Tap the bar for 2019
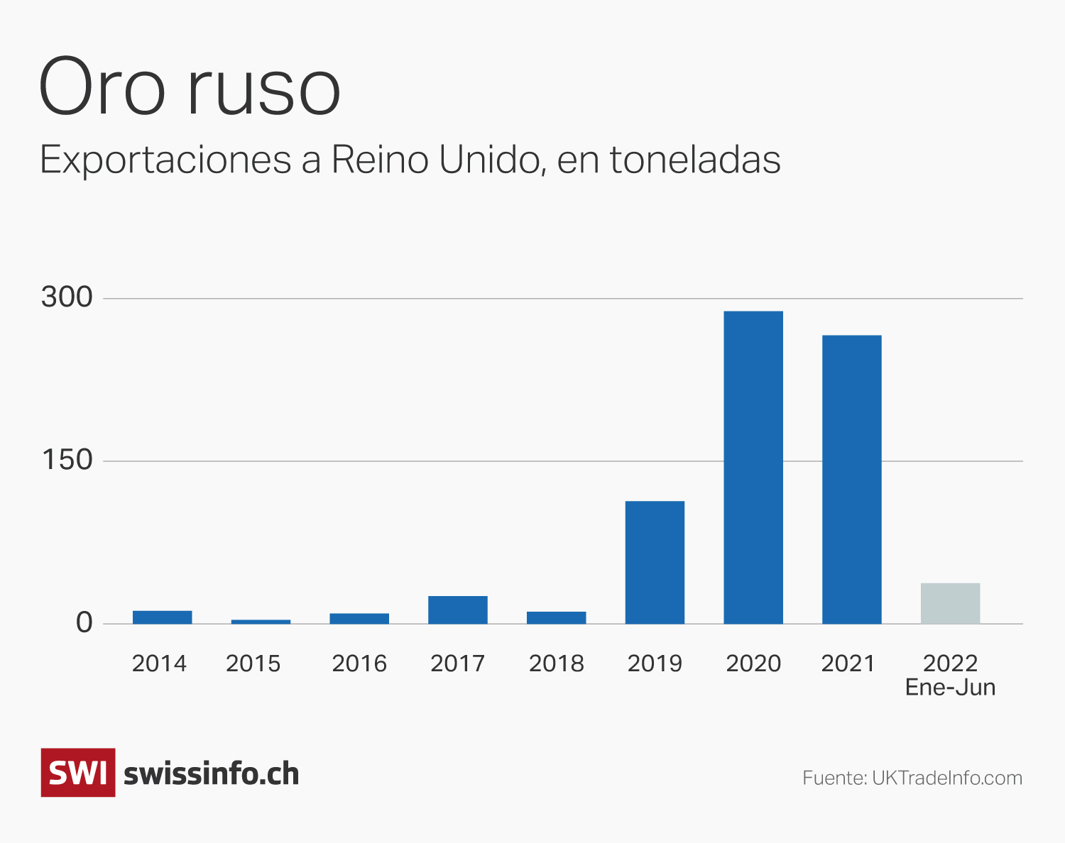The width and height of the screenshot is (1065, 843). pos(655,562)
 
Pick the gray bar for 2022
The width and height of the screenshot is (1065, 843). pos(950,603)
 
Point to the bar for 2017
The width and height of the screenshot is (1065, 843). pos(458,610)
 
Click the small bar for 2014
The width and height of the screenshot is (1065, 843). pos(162,617)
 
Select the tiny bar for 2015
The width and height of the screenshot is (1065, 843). pos(261,622)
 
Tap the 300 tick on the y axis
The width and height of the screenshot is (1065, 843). pos(67,297)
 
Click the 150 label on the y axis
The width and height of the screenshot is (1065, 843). pos(67,461)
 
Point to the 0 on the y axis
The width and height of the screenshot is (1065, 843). pos(84,623)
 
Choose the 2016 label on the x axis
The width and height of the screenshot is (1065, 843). pos(359,663)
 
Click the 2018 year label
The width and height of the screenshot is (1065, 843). pos(556,663)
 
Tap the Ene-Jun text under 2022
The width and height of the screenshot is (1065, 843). pos(950,688)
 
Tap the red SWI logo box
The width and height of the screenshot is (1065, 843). pos(78,773)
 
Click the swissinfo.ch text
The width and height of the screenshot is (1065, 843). pos(211,773)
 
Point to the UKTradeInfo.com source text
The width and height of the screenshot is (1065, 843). pos(946,778)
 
